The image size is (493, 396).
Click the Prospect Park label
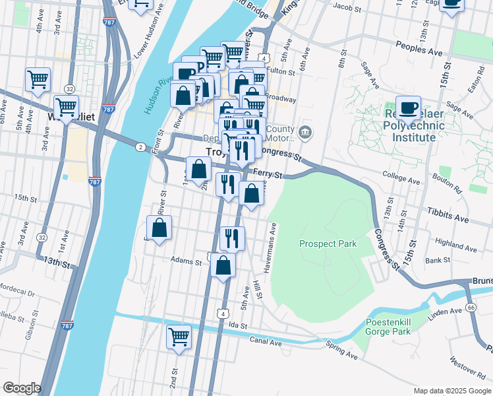[x=328, y=244]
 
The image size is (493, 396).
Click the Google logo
[x=22, y=388]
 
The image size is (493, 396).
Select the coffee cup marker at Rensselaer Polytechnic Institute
[x=408, y=108]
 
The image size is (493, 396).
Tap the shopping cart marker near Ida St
[x=179, y=337]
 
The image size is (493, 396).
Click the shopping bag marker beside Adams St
[x=223, y=266]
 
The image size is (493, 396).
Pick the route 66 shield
[x=471, y=308]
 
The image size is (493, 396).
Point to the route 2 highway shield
[x=140, y=147]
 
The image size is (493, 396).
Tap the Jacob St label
[x=349, y=7]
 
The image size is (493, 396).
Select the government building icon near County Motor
[x=304, y=132]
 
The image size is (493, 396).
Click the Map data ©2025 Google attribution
[x=451, y=390]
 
